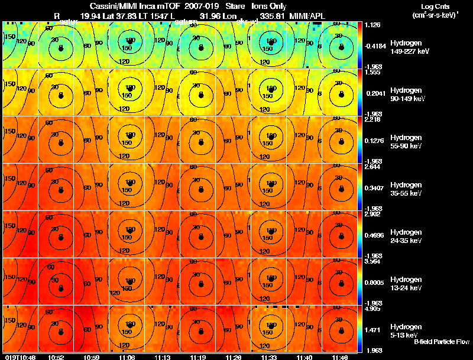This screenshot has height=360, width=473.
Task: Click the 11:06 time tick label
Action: click(127, 357)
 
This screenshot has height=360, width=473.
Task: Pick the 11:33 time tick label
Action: click(270, 357)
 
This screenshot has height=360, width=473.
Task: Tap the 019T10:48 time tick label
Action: click(20, 357)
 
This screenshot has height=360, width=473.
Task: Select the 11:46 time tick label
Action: click(341, 357)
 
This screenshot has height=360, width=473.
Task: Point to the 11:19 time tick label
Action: click(199, 357)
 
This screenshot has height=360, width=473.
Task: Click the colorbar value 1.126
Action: click(372, 25)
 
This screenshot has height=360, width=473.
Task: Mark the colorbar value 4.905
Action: click(372, 309)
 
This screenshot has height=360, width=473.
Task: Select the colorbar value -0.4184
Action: click(375, 45)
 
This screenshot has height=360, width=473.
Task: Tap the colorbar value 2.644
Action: click(372, 167)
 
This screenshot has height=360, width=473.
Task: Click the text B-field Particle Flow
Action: click(442, 342)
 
